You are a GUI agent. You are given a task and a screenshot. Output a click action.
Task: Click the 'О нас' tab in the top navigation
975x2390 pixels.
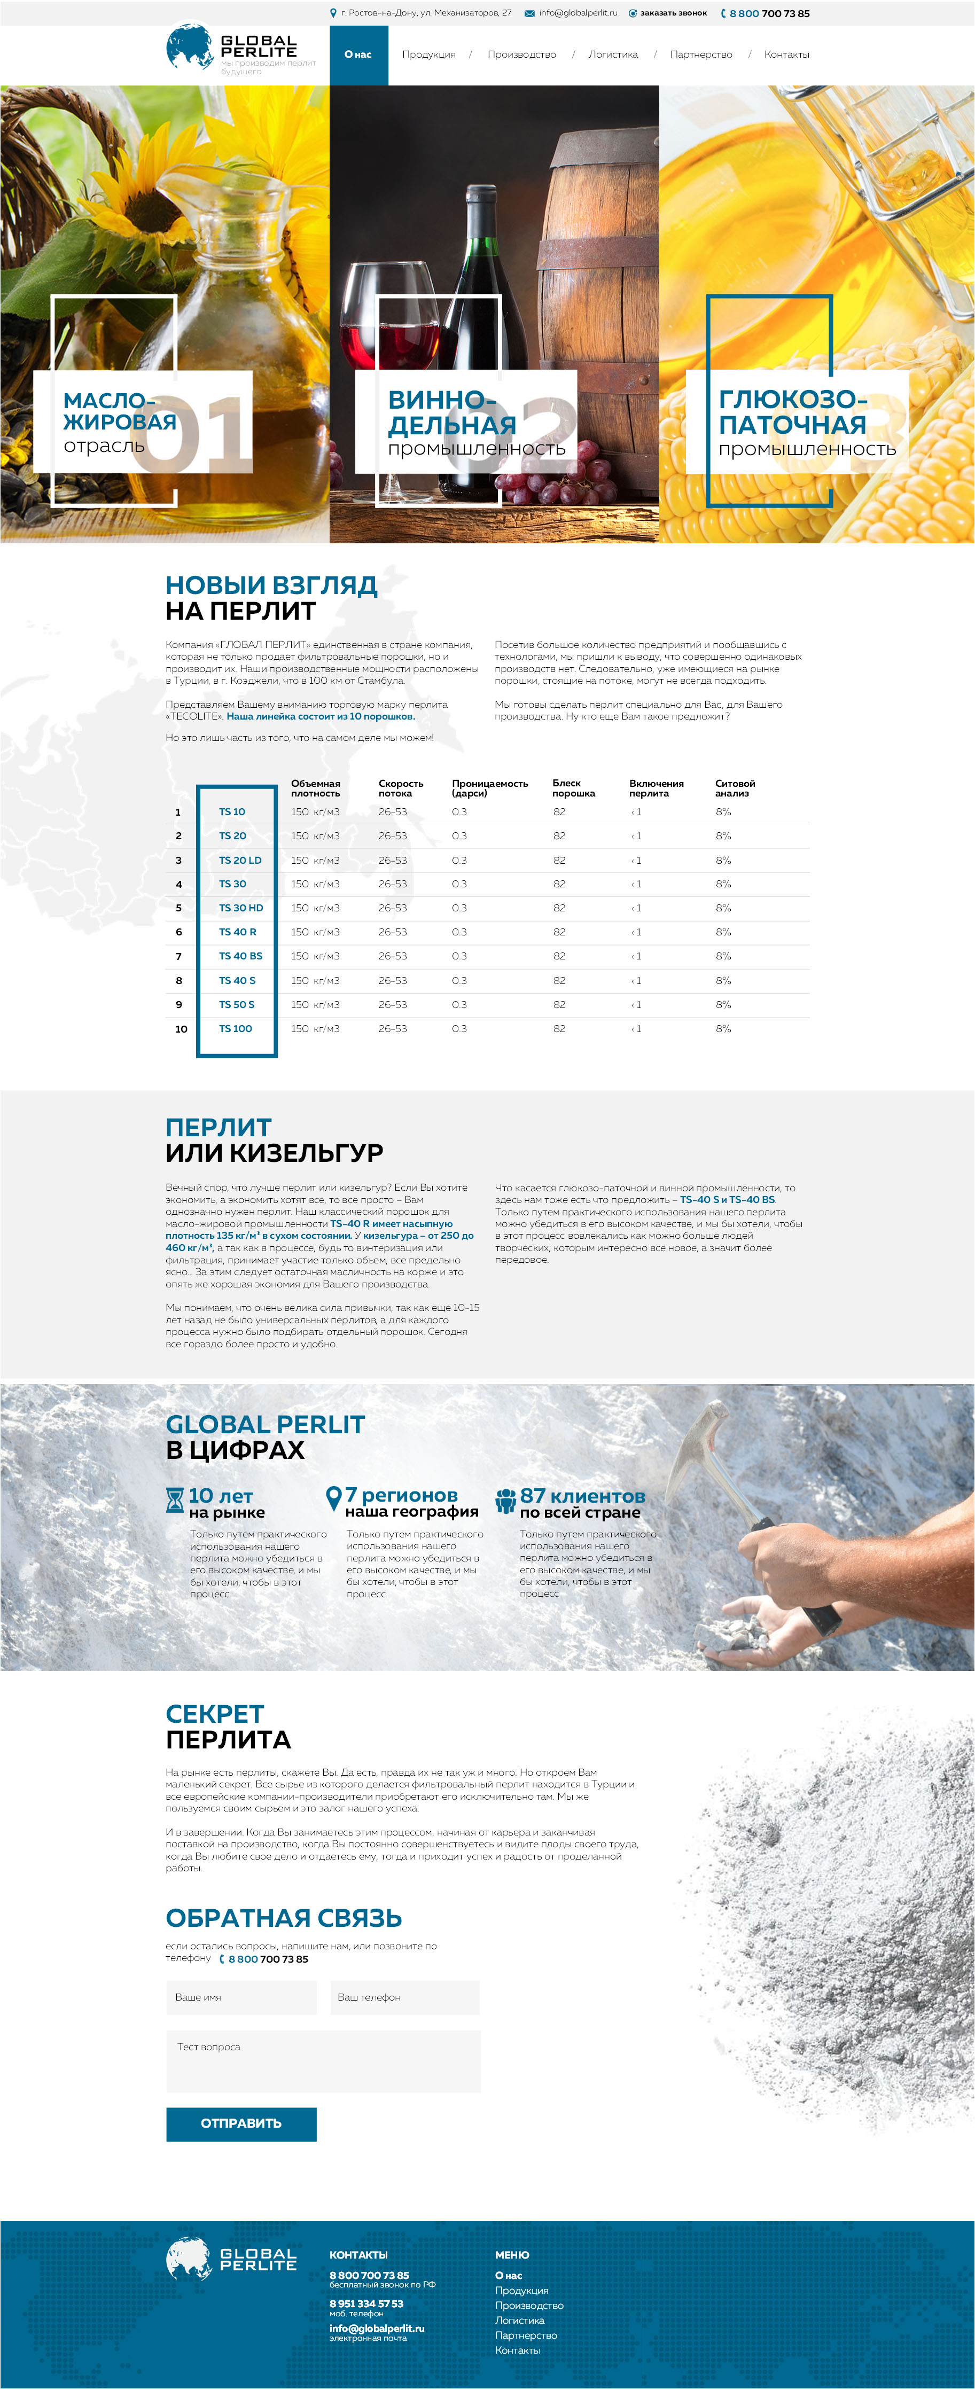[x=358, y=54]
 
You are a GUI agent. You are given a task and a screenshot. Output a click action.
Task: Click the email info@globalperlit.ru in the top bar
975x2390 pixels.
[x=577, y=13]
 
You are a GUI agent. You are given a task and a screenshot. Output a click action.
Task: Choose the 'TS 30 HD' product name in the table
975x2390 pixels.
[x=240, y=908]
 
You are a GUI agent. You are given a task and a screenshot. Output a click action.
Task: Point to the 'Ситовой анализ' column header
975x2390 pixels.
[x=735, y=788]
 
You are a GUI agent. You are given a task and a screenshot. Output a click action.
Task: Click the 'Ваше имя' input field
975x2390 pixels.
[x=241, y=1997]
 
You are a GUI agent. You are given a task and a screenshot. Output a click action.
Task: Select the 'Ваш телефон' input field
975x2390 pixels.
[x=404, y=1997]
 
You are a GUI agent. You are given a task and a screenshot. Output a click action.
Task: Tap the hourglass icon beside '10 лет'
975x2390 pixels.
[x=174, y=1499]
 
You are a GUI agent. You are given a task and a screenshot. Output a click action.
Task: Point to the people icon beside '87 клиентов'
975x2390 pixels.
[x=505, y=1499]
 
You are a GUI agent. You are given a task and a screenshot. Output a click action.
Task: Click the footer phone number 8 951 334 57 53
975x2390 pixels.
[x=366, y=2303]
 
